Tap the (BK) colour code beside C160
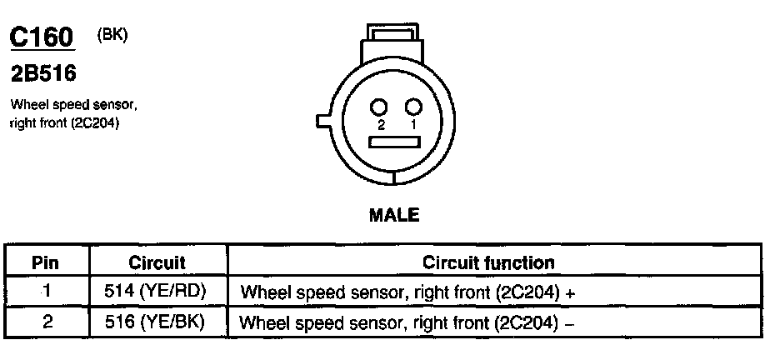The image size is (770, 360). [x=112, y=35]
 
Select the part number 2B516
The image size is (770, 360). [x=42, y=74]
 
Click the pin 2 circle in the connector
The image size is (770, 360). [x=380, y=106]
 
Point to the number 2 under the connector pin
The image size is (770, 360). [x=380, y=124]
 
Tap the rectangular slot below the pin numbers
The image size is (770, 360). [x=397, y=142]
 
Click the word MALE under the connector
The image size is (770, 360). [x=393, y=215]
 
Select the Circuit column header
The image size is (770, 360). [x=157, y=263]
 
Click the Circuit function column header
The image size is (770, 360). [x=488, y=263]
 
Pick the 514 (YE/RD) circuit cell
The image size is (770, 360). [x=157, y=292]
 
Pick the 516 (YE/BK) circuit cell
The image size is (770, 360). [x=157, y=321]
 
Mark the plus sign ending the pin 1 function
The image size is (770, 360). [x=570, y=293]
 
